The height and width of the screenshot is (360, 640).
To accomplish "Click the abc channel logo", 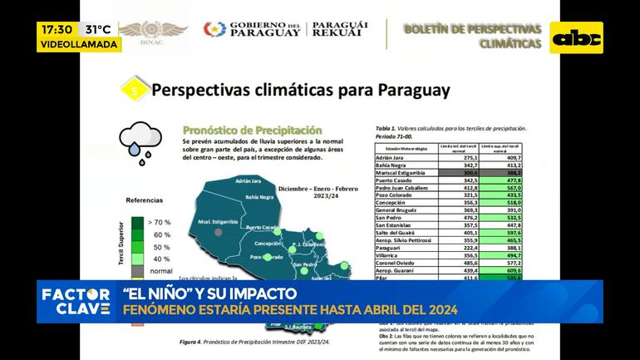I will pyautogui.click(x=577, y=37).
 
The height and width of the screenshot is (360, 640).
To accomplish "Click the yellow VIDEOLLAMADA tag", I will pyautogui.click(x=80, y=45).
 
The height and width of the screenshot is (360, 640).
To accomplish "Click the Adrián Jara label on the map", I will pyautogui.click(x=249, y=180).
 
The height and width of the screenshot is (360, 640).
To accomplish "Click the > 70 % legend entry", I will pyautogui.click(x=159, y=223).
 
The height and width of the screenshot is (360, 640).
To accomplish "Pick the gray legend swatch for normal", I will pyautogui.click(x=135, y=271).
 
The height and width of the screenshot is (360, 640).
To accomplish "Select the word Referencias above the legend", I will pyautogui.click(x=143, y=201).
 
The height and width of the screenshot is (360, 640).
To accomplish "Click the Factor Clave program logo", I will pyautogui.click(x=76, y=301).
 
